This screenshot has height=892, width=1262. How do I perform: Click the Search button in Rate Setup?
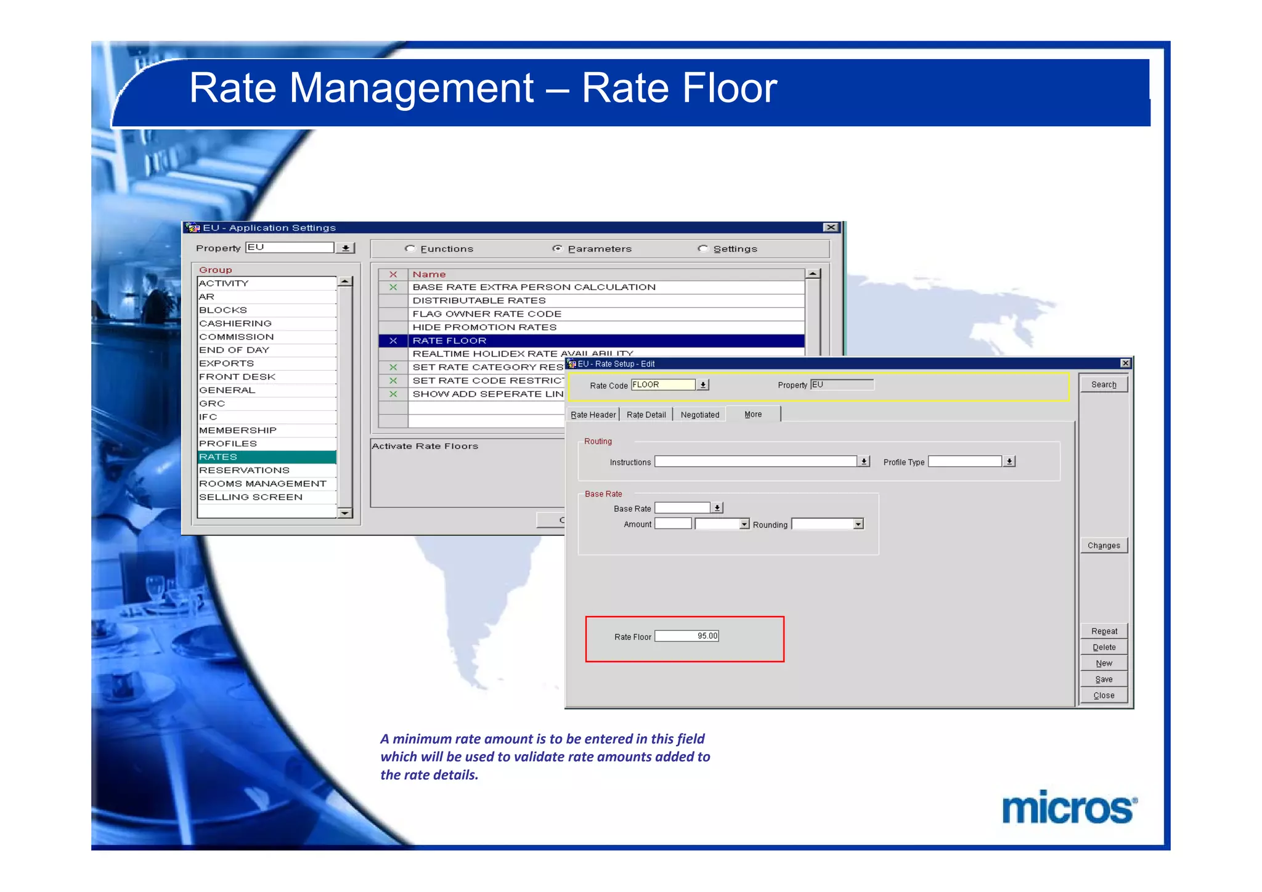coord(1103,384)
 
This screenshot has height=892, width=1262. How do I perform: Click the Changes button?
coord(1103,546)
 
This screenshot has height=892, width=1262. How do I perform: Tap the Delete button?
coord(1103,647)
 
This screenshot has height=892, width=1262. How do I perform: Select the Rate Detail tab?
coord(646,415)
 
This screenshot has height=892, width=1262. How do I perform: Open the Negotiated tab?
coord(699,415)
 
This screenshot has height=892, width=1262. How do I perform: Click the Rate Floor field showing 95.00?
coord(686,636)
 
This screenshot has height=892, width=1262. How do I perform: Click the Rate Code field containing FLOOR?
coord(662,385)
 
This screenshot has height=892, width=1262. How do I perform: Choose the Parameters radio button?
coord(557,248)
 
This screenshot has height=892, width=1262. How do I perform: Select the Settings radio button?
coord(702,248)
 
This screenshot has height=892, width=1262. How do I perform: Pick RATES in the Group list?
coord(266,457)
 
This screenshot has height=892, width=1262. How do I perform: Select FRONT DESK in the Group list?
coord(266,377)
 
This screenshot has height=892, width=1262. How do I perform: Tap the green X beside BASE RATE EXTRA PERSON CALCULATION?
coord(393,287)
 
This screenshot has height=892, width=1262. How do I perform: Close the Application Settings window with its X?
coord(831,227)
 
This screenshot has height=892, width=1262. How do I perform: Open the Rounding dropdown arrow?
coord(858,524)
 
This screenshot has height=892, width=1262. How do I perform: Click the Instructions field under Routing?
coord(755,461)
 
